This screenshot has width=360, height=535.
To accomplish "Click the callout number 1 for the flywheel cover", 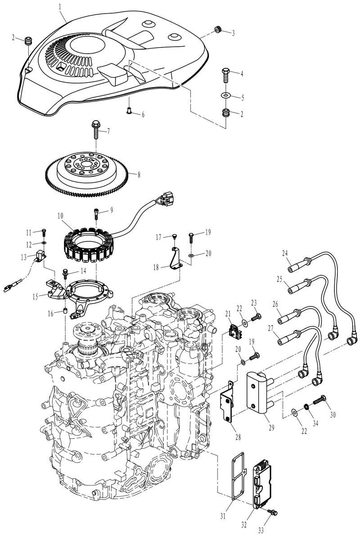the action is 60,6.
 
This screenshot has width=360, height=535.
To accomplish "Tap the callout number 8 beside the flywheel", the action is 139,175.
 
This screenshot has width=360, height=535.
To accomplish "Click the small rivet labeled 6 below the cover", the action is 130,110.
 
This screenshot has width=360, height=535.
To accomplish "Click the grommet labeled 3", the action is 218,30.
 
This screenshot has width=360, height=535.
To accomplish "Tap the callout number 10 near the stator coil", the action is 60,216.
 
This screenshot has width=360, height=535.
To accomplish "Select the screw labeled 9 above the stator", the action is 96,214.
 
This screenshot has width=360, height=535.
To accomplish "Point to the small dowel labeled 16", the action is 65,311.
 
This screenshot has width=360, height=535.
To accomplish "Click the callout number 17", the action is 158,237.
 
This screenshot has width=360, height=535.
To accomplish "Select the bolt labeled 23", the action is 256,317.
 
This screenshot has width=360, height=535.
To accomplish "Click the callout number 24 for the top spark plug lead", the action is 285,253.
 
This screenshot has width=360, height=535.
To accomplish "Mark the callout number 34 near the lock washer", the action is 315,423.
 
